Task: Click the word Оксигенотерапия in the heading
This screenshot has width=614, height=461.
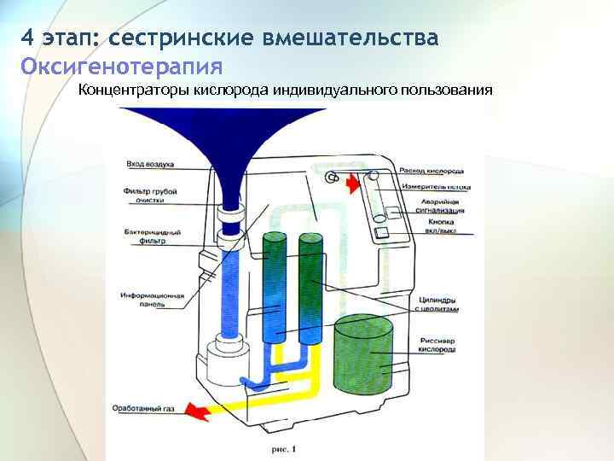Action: click(x=122, y=66)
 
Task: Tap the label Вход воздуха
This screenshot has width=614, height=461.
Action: click(x=150, y=162)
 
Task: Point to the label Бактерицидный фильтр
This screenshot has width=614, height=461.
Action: click(x=152, y=236)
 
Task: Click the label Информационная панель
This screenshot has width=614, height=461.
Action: click(x=152, y=300)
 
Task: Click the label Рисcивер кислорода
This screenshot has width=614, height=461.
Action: click(x=437, y=346)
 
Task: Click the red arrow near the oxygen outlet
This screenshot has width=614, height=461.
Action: click(x=352, y=182)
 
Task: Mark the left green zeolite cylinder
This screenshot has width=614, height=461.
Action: click(x=275, y=286)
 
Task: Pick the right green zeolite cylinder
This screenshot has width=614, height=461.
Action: click(x=310, y=286)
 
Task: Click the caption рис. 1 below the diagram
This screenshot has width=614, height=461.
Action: click(x=281, y=448)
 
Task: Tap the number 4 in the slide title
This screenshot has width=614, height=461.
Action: click(x=28, y=38)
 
